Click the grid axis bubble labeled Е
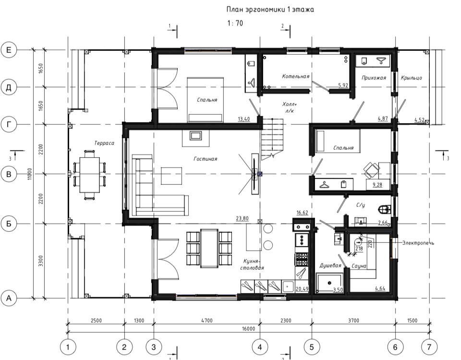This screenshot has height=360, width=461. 9,49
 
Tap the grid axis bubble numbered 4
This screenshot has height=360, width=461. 260,347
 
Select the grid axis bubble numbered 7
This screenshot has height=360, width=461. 429,347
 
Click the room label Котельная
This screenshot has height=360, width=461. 295,76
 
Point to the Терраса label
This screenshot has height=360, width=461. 104,143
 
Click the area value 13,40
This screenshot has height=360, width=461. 244,119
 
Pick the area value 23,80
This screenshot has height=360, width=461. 242,218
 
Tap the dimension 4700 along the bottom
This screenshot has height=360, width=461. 206,320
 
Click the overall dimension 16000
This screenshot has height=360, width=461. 248,328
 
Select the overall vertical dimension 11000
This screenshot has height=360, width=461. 29,174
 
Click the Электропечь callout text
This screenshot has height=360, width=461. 418,243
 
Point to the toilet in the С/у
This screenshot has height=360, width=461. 384,209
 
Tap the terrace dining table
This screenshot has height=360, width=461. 89,175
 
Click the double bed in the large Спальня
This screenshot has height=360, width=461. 205,100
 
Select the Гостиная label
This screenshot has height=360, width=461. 205,159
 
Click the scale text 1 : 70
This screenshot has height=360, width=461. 235,23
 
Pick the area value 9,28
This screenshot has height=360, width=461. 377,185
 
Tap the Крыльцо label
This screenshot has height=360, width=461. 412,78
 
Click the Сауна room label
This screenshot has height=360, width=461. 359,266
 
